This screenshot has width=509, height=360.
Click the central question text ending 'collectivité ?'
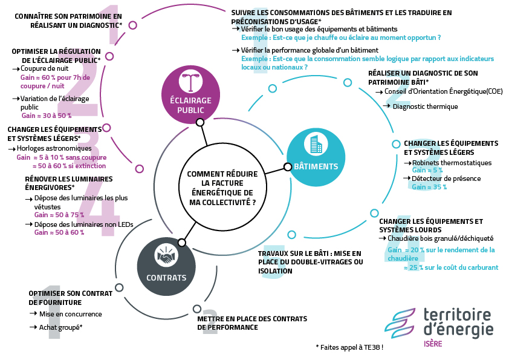(x=222, y=188)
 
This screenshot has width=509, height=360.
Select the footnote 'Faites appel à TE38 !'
(x=349, y=347)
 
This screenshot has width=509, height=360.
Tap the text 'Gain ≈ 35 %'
(x=429, y=187)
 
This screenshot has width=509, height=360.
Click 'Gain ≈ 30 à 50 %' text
(x=47, y=115)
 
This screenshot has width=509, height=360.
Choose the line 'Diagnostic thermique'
(x=425, y=106)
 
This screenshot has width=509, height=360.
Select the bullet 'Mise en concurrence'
(x=70, y=314)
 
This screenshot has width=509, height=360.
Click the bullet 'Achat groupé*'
(x=60, y=327)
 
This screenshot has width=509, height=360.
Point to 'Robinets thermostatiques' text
(x=452, y=163)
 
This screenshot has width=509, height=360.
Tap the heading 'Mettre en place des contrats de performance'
(x=252, y=323)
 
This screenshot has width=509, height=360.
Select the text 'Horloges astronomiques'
(x=54, y=148)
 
